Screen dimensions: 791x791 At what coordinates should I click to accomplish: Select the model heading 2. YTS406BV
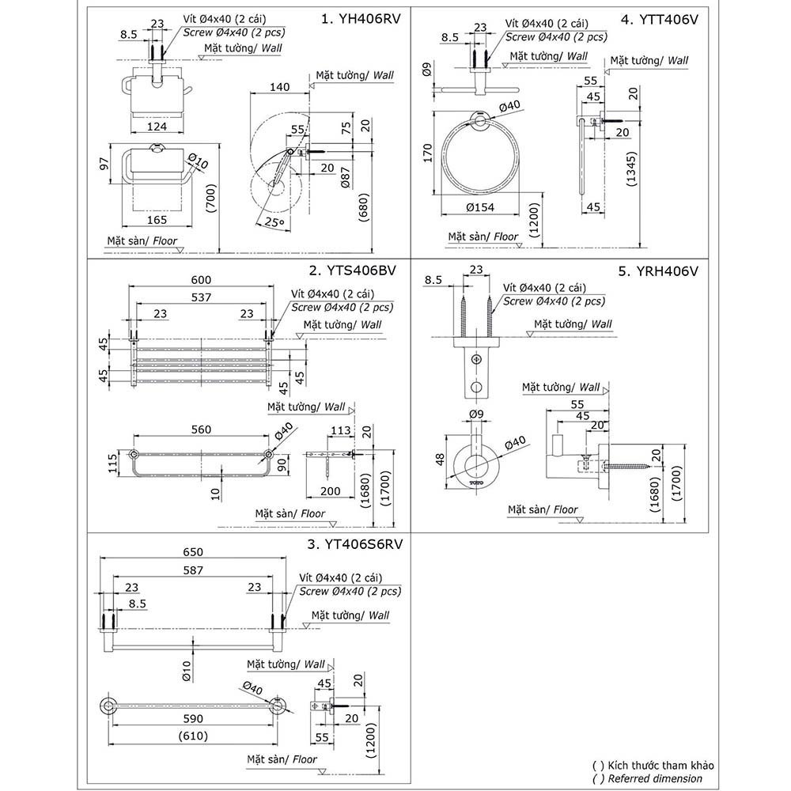pos(353,271)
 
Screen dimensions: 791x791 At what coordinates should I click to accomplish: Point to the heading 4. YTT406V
pos(660,20)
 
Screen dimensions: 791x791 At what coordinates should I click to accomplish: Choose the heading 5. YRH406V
pos(659,271)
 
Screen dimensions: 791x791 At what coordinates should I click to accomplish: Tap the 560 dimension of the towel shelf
pos(201,430)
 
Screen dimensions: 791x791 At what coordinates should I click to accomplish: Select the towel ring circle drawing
pos(479,156)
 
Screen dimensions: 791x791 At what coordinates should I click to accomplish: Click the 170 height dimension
pos(426,152)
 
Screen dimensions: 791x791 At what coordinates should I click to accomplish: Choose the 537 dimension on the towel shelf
pos(199,297)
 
